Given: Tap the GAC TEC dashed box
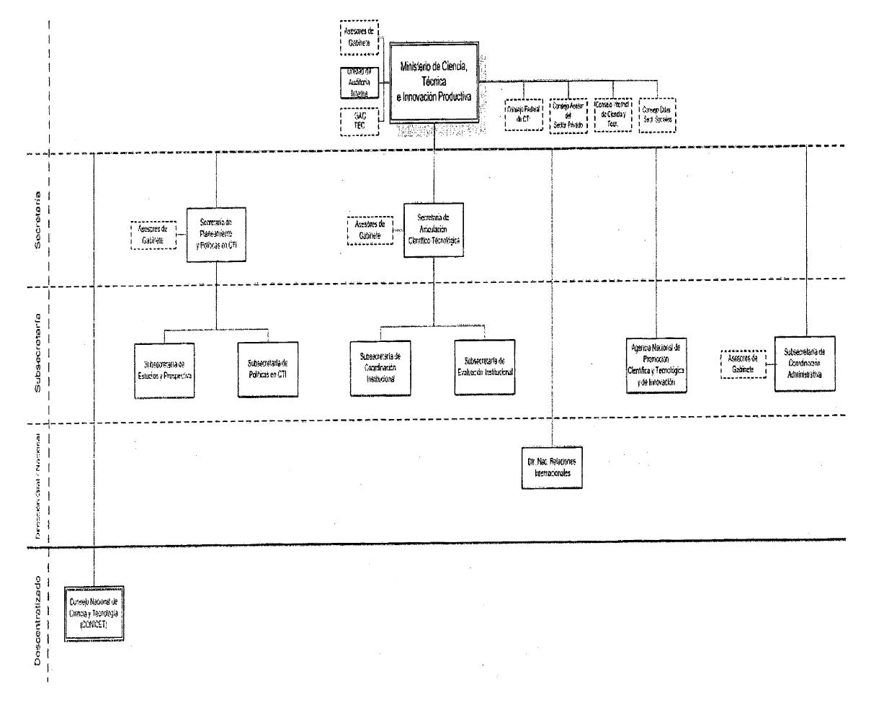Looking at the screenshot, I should coord(359,121).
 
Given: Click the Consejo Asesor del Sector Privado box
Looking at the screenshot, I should coord(569,114).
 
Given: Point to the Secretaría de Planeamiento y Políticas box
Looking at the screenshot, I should coord(216,234).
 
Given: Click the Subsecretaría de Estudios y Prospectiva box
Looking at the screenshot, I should coord(165,369).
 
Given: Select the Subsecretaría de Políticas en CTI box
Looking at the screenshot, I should coord(268,369).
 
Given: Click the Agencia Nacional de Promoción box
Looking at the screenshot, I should coord(656,364).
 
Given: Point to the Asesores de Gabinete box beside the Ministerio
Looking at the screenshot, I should coord(359,36).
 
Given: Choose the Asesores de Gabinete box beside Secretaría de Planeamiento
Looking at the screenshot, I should coord(153,235).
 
